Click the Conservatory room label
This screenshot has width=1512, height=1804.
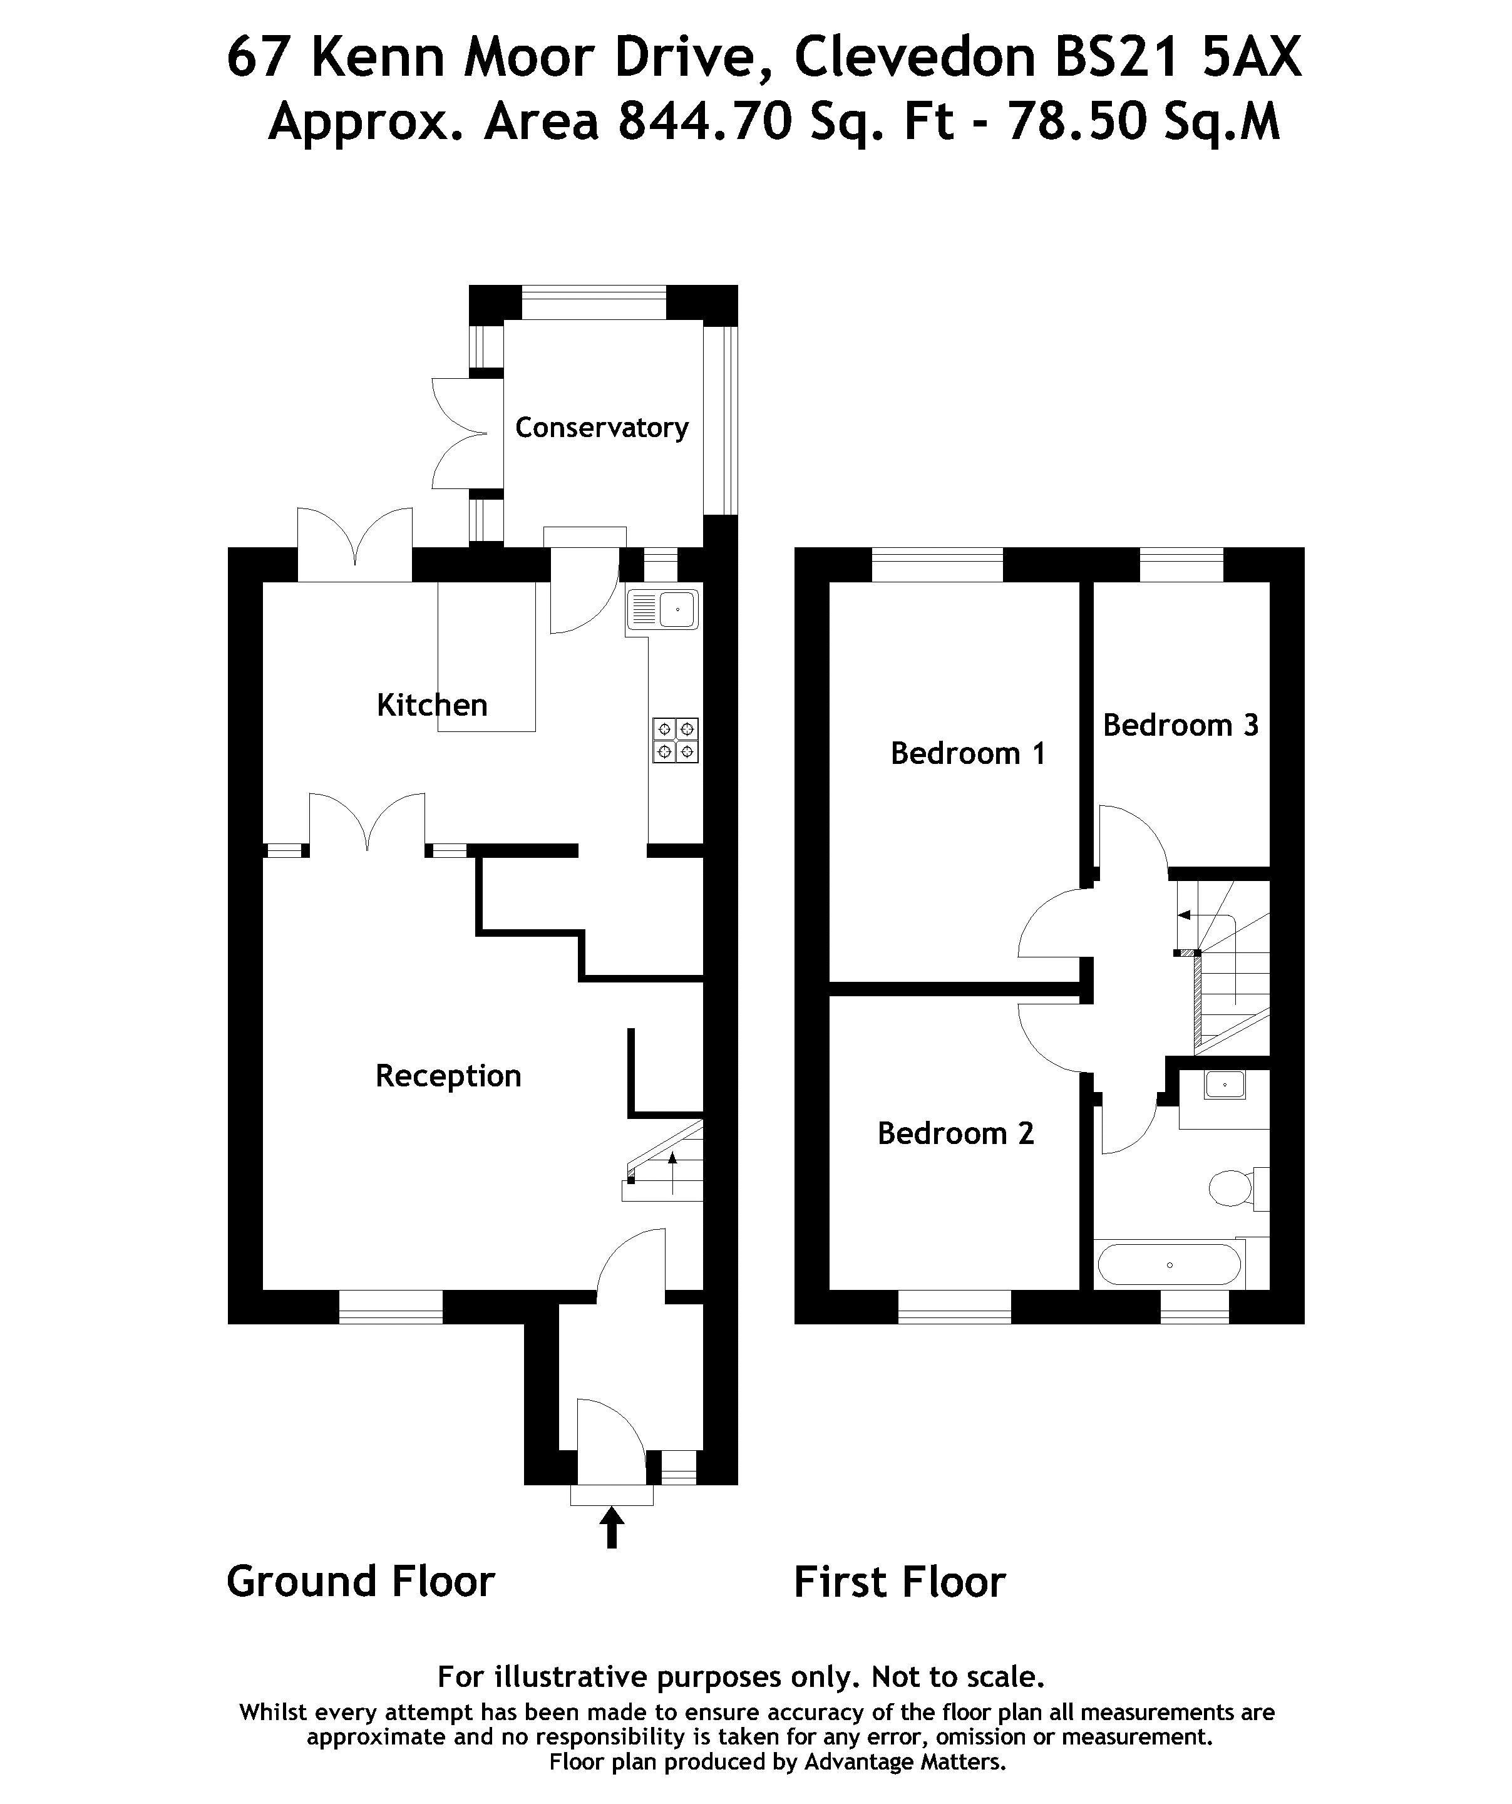602,428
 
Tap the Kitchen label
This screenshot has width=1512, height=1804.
432,705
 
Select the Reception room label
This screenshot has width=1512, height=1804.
448,1076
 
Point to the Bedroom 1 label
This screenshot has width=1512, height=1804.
967,753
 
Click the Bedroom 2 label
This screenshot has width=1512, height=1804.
955,1134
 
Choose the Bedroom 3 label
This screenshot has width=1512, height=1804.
1180,725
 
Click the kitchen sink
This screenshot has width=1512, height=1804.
662,610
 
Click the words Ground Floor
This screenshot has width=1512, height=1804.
361,1582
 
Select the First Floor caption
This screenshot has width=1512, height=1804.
900,1582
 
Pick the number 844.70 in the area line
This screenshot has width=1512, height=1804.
704,122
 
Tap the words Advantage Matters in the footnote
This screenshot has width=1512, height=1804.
904,1762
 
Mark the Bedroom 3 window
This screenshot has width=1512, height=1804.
1181,564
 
